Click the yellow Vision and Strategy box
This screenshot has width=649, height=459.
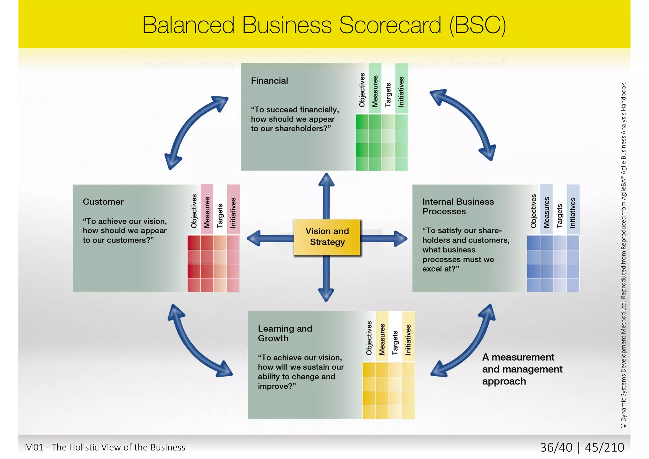click(327, 237)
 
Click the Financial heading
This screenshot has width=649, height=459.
click(269, 81)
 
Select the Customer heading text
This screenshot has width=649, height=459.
click(103, 202)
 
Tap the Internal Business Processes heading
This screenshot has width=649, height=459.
click(458, 206)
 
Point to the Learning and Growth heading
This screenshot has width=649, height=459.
click(285, 333)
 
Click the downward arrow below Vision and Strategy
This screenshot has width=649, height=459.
click(326, 279)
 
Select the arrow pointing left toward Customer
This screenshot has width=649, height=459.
click(269, 238)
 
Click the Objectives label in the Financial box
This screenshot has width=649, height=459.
click(362, 90)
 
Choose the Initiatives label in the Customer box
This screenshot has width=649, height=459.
click(233, 212)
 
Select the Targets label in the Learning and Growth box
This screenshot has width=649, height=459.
click(395, 342)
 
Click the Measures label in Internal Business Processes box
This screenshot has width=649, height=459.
click(546, 212)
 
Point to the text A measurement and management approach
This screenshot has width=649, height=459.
click(522, 369)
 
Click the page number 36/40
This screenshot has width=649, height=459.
click(556, 447)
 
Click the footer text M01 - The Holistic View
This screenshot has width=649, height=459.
click(105, 447)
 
